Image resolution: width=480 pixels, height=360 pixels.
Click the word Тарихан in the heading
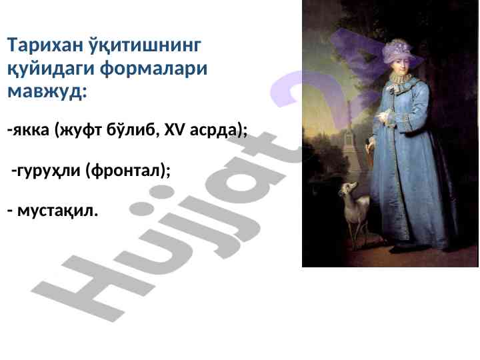click(45, 45)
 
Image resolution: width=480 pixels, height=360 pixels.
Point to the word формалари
click(154, 69)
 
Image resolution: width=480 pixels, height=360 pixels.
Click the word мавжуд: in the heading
click(47, 92)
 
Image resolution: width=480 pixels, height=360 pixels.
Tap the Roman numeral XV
click(175, 130)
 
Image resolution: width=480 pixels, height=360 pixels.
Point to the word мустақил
click(57, 211)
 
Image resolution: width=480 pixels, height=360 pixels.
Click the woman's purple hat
click(401, 51)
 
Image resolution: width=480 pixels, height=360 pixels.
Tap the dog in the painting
click(355, 211)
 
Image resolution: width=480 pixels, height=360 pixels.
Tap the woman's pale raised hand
click(383, 116)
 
